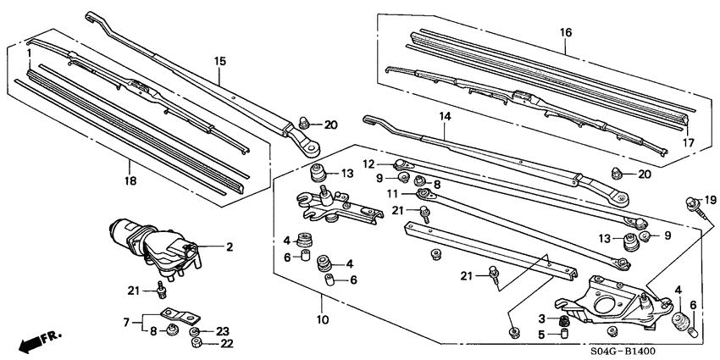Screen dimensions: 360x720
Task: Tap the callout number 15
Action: tap(220, 60)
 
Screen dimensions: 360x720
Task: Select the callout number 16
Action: tap(565, 33)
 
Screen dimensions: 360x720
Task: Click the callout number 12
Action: tap(369, 163)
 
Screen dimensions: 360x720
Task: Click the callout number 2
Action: tap(229, 247)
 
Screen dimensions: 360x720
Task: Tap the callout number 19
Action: tap(710, 199)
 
